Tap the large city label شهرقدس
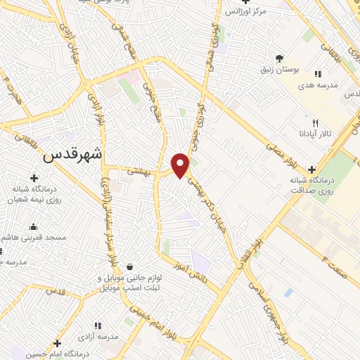(x=72, y=154)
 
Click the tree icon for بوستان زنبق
(x=280, y=58)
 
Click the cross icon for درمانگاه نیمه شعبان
(x=33, y=178)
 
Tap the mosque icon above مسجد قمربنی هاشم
(x=33, y=226)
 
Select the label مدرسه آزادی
(x=98, y=337)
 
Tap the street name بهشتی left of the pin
(x=140, y=171)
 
